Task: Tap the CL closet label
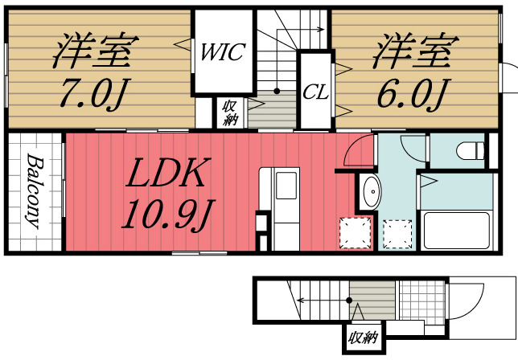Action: click(315, 92)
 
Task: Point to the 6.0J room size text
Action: click(412, 95)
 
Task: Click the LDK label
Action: click(171, 173)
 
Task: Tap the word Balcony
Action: click(34, 193)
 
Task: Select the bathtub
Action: click(456, 229)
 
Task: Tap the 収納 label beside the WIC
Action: click(230, 112)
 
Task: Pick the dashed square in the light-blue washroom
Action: click(397, 235)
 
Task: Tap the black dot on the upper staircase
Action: click(277, 92)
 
